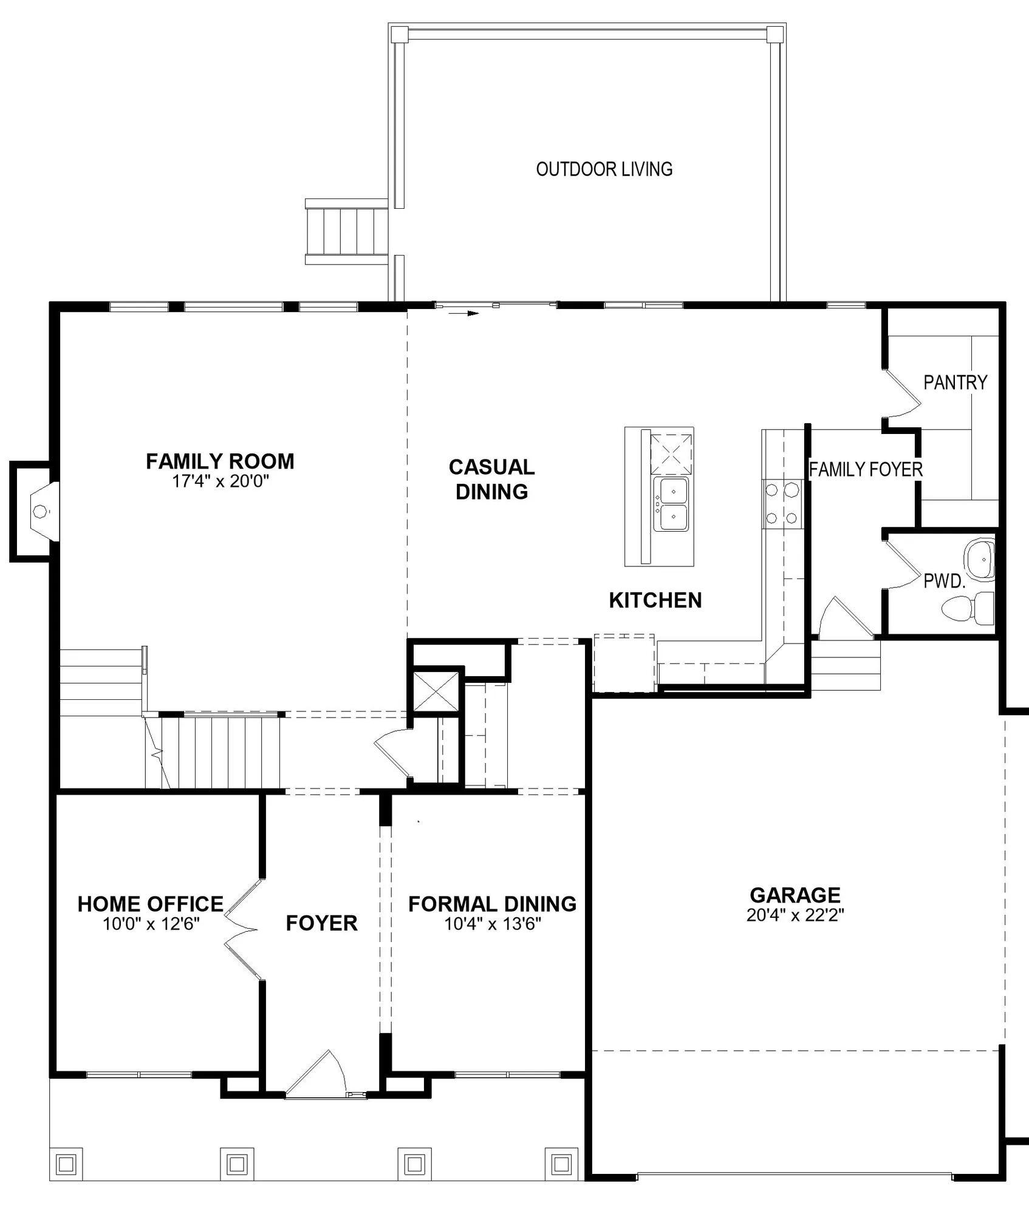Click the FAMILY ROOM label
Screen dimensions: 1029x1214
220,461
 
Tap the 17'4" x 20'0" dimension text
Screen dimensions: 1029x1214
220,481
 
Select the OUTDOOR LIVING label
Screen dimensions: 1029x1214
604,169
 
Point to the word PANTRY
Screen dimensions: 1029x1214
955,382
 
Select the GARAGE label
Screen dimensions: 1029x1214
795,895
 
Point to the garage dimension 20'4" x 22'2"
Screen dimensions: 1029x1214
795,915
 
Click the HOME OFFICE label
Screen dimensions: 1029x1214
151,904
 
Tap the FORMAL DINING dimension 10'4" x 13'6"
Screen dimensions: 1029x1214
493,924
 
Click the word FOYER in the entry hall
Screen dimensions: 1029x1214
321,923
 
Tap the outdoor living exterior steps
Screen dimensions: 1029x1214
346,232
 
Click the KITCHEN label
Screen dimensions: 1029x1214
655,600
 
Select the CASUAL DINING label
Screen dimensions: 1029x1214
491,480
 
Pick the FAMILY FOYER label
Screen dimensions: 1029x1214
866,469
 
